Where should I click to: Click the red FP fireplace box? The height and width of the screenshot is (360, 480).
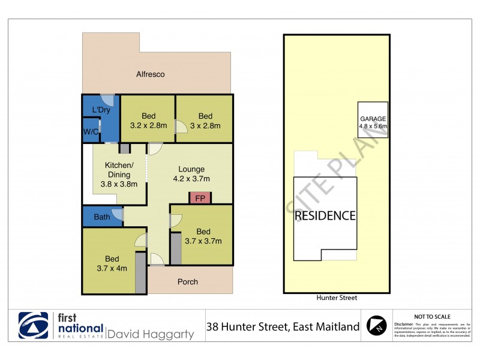coord(200,197)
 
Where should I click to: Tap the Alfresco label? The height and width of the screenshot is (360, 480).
coord(150,74)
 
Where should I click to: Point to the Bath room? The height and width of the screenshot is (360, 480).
coord(102,217)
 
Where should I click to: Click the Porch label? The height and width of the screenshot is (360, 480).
coord(188,281)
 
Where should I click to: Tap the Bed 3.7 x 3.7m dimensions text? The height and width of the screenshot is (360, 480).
coord(203,241)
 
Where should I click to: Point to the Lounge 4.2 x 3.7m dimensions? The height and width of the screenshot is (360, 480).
coord(191,178)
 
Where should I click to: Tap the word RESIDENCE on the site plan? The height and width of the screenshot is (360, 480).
coord(325,215)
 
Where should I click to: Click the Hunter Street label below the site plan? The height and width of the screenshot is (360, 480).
coord(336,297)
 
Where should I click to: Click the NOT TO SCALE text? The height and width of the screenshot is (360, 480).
coord(432,316)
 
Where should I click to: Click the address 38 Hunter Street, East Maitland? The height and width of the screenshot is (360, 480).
coord(283,327)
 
